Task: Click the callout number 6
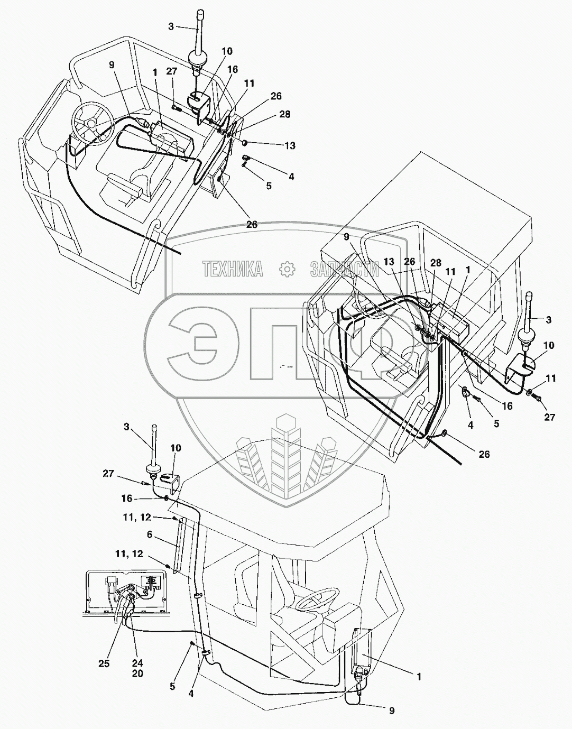149,536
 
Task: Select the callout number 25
104,664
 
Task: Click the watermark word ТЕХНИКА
233,270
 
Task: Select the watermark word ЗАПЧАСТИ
345,270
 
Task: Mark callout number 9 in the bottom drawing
392,711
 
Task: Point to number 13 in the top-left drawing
290,146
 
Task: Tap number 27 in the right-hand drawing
550,417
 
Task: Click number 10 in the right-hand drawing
548,345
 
